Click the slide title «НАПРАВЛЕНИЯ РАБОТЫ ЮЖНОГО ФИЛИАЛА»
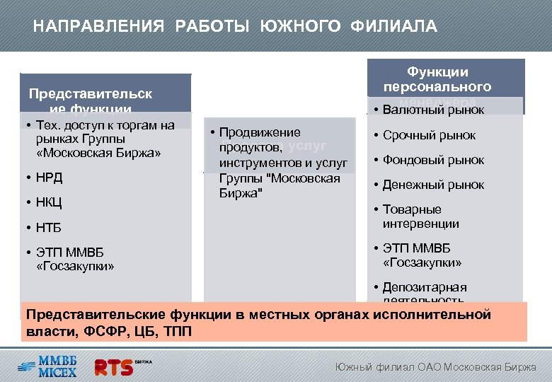click(x=235, y=27)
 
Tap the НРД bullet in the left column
click(x=49, y=178)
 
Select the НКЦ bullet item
click(x=49, y=202)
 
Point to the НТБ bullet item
click(x=49, y=227)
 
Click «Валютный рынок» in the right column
click(x=433, y=110)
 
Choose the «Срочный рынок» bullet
click(x=429, y=135)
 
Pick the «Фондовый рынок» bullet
click(x=433, y=160)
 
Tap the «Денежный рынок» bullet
click(x=433, y=185)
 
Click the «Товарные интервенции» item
click(x=420, y=216)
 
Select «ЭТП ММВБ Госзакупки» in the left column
click(x=74, y=259)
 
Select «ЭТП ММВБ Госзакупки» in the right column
click(x=422, y=255)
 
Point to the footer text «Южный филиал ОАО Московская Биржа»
click(x=435, y=367)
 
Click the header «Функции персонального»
click(x=437, y=79)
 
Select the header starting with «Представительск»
click(x=90, y=93)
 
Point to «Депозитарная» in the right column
click(x=424, y=286)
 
